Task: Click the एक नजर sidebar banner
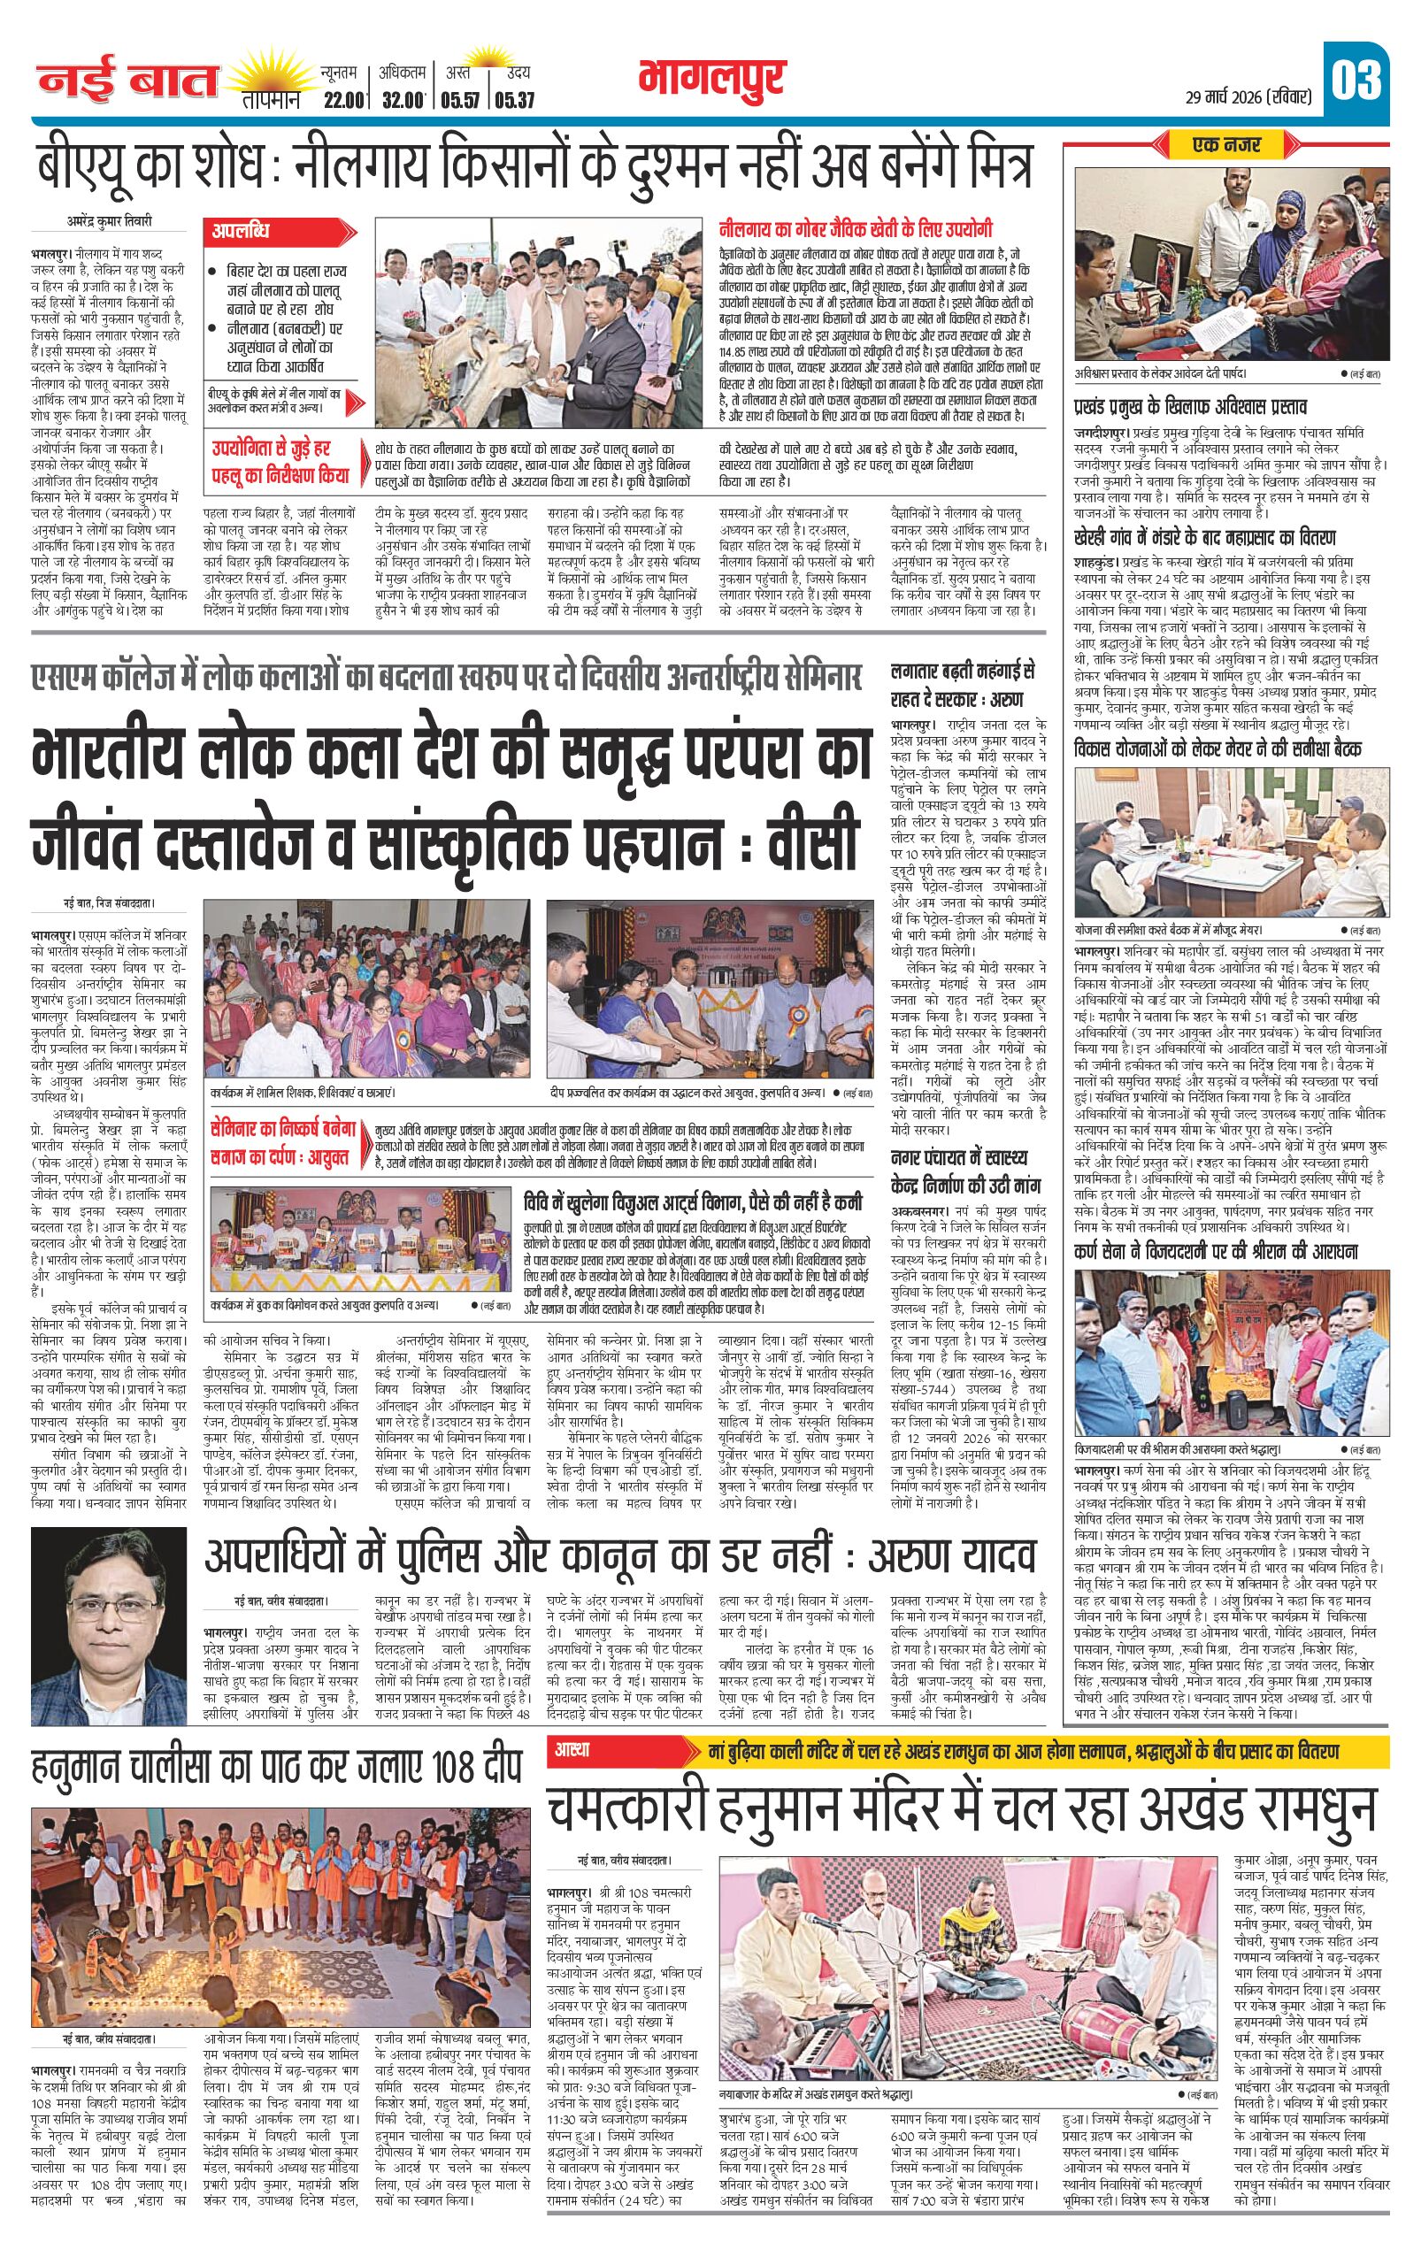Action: click(x=1227, y=145)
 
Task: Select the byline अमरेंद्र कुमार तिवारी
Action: click(x=109, y=222)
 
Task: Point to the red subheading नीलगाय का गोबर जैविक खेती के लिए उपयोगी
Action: click(x=856, y=228)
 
